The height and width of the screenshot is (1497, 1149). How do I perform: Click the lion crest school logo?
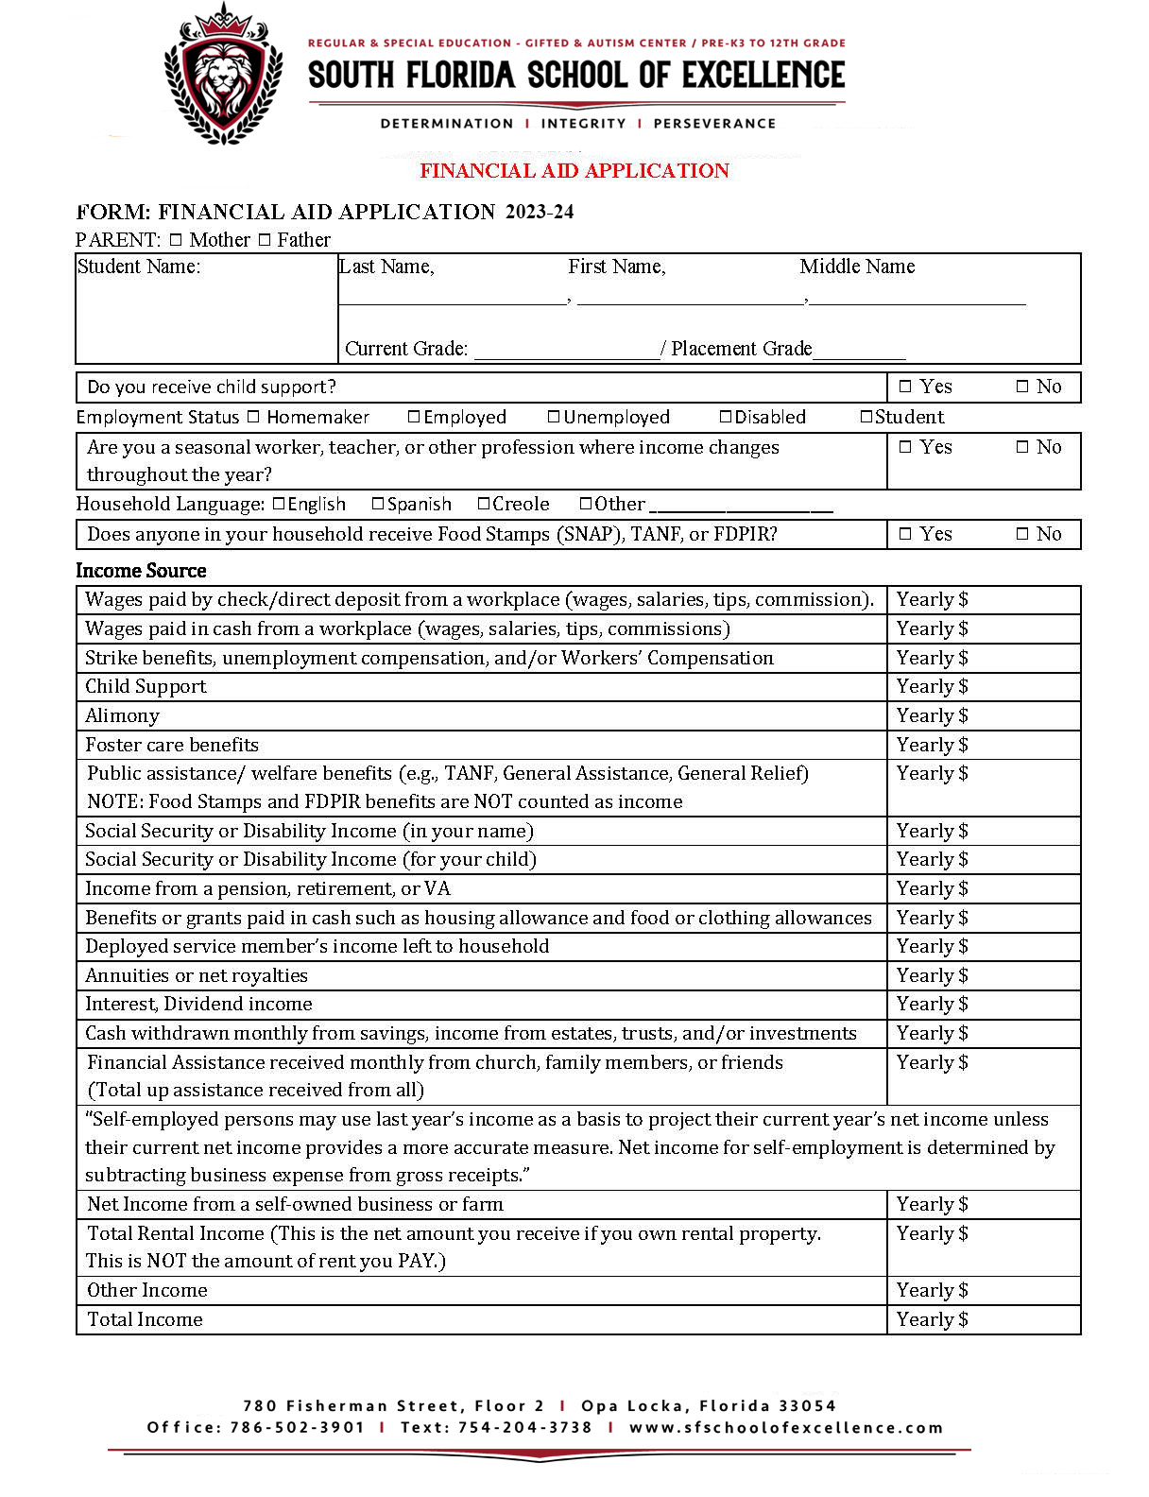point(223,74)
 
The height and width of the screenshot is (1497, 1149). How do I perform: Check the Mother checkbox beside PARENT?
point(176,240)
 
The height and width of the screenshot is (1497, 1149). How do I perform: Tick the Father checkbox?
point(265,240)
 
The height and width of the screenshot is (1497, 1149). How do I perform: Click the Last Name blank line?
point(452,299)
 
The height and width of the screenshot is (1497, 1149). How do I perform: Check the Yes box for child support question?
point(905,387)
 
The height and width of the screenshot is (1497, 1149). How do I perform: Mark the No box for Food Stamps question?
point(1022,534)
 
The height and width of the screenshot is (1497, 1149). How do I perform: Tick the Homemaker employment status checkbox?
point(253,417)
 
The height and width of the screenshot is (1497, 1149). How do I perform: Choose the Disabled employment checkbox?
point(726,417)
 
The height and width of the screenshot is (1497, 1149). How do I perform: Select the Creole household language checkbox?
point(484,504)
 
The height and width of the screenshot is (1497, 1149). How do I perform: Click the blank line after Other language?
point(741,508)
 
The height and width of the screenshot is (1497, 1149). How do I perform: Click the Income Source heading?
point(141,571)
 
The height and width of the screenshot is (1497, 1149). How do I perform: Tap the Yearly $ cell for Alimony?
point(983,716)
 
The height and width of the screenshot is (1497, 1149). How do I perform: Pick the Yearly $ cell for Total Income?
point(983,1320)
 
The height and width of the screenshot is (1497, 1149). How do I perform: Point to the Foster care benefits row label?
point(172,746)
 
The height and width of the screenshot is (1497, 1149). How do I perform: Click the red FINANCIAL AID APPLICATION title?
point(574,171)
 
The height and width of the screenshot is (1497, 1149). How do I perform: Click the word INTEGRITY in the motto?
point(583,124)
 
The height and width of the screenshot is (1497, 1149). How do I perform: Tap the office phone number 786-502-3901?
point(297,1428)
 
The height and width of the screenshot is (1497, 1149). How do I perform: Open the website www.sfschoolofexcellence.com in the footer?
point(786,1428)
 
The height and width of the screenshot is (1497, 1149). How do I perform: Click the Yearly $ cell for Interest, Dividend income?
point(983,1005)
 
